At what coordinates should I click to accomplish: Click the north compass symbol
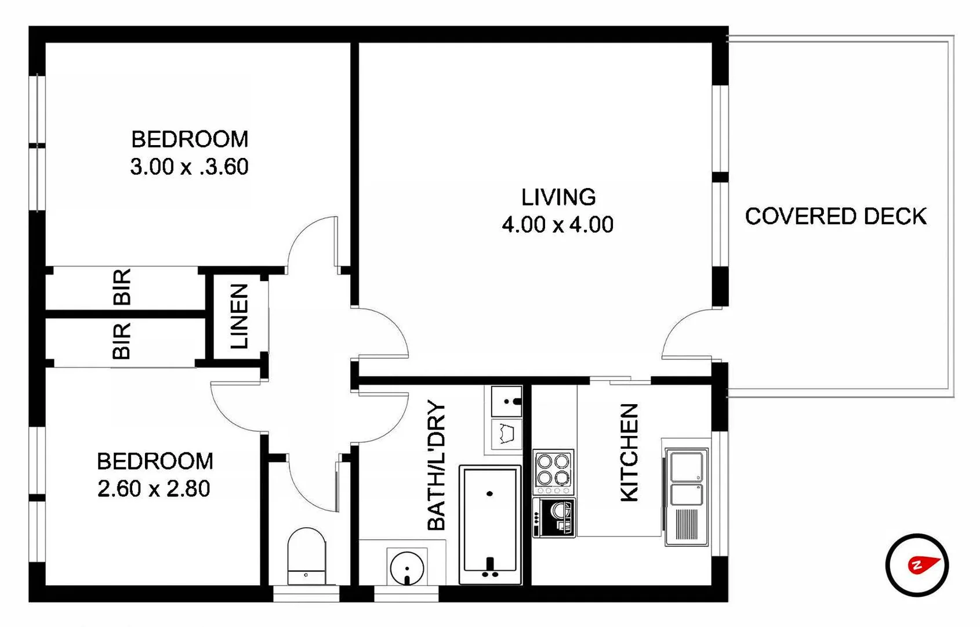coord(917,565)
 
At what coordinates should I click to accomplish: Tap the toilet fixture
coord(306,556)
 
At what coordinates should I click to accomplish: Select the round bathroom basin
coord(407,568)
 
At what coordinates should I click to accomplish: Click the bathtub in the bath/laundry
coord(490,524)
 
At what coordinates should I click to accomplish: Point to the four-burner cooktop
coord(553,471)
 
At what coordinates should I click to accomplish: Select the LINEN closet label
coord(239,316)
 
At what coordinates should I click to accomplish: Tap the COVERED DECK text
coord(836,217)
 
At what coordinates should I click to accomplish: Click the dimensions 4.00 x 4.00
coord(557,225)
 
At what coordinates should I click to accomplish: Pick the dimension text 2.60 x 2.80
coord(154,489)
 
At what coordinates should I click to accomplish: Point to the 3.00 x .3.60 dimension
coord(189,167)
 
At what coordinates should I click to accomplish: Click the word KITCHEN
coord(630,453)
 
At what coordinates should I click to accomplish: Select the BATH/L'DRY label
coord(437,466)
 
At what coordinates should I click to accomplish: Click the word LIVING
coord(558,197)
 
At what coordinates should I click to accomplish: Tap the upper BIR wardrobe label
coord(122,287)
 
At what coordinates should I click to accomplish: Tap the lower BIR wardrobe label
coord(122,341)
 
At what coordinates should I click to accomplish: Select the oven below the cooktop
coord(554,517)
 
